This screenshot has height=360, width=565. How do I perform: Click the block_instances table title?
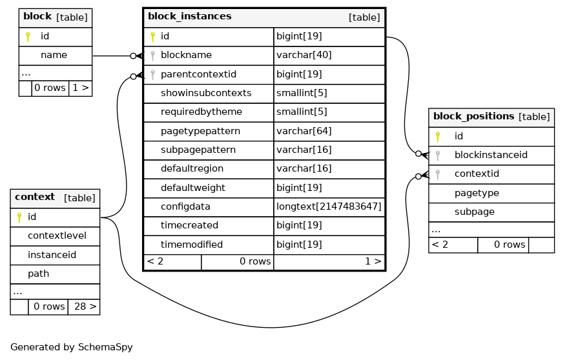pyautogui.click(x=190, y=17)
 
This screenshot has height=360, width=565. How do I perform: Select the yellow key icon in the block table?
pyautogui.click(x=28, y=36)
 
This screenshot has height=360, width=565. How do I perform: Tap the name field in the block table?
pyautogui.click(x=54, y=55)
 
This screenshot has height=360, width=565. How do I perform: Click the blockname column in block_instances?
pyautogui.click(x=186, y=55)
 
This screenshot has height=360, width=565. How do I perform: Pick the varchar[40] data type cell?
pyautogui.click(x=303, y=55)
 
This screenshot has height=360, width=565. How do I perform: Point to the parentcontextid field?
pyautogui.click(x=198, y=74)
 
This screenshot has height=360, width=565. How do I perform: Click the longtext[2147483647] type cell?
pyautogui.click(x=329, y=206)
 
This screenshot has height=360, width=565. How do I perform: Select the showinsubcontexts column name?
pyautogui.click(x=206, y=94)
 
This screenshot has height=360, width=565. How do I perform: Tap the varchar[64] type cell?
pyautogui.click(x=303, y=131)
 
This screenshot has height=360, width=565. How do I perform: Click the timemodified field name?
pyautogui.click(x=191, y=245)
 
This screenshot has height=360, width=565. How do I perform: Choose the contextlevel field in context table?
pyautogui.click(x=57, y=235)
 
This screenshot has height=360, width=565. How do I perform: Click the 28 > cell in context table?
pyautogui.click(x=85, y=306)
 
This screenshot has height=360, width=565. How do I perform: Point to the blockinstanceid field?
pyautogui.click(x=491, y=155)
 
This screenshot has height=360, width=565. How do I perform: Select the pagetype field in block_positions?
pyautogui.click(x=477, y=194)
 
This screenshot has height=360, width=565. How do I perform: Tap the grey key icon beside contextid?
pyautogui.click(x=437, y=174)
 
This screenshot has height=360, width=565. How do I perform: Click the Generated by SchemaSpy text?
pyautogui.click(x=71, y=347)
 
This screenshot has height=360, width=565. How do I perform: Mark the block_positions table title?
pyautogui.click(x=473, y=116)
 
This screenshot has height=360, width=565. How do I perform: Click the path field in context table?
pyautogui.click(x=38, y=274)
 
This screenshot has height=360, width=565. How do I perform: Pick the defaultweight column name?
pyautogui.click(x=193, y=188)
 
